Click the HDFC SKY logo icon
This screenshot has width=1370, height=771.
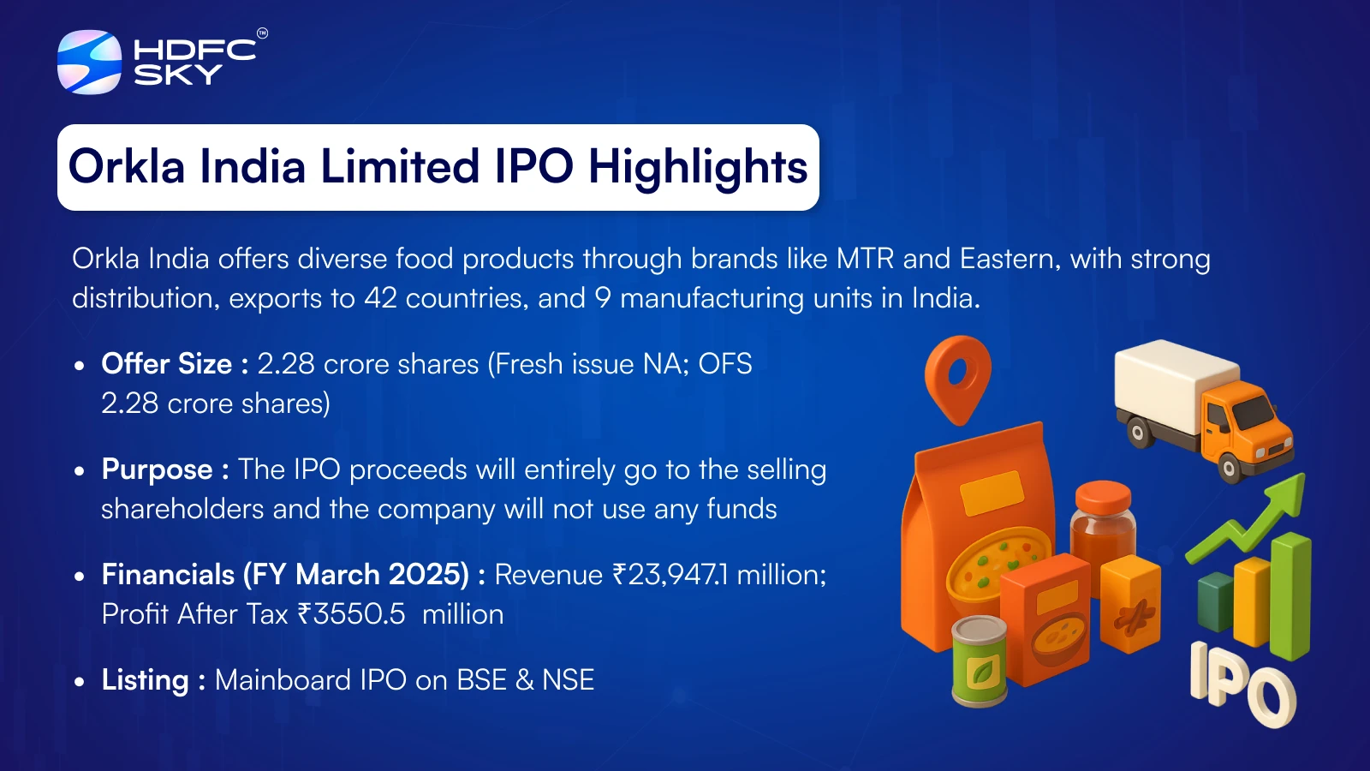point(89,62)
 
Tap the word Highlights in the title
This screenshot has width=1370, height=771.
point(698,167)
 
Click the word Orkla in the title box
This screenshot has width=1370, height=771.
point(127,166)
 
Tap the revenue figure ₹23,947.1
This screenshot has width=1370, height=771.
point(670,575)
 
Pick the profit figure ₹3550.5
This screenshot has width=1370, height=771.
point(352,614)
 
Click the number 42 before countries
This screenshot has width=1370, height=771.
point(380,299)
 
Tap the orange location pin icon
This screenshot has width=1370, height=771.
point(958,380)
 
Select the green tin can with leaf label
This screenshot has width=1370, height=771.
point(980,661)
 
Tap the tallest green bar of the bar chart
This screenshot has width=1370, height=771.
point(1290,596)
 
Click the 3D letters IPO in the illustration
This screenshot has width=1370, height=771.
point(1242,684)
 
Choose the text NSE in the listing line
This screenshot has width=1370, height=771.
point(569,680)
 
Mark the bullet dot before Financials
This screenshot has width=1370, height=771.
point(79,577)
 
